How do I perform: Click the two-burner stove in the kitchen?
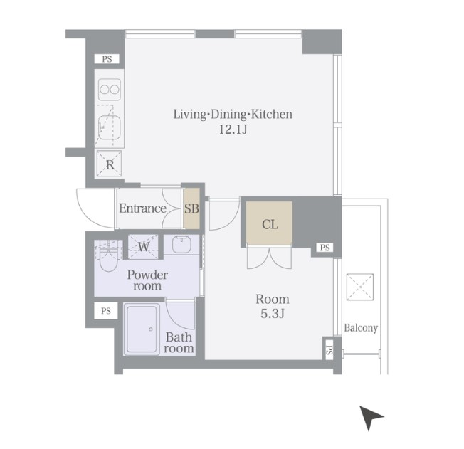click(x=110, y=89)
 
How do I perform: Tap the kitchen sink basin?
click(x=110, y=127)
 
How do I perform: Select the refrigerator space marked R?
click(x=110, y=164)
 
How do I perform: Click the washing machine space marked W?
click(x=144, y=246)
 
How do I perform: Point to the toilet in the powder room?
click(x=107, y=256)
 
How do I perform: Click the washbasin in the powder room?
click(x=181, y=244)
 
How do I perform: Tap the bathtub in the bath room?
click(x=142, y=329)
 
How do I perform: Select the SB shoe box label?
click(x=191, y=208)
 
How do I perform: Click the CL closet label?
click(x=270, y=224)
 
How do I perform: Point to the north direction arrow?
click(x=370, y=417)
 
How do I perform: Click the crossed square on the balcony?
click(x=360, y=287)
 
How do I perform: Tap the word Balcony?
click(x=361, y=328)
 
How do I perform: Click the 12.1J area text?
click(x=233, y=130)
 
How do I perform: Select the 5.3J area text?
click(x=273, y=313)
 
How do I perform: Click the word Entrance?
click(x=142, y=208)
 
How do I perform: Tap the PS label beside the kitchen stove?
click(x=107, y=59)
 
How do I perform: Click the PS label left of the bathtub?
click(x=105, y=311)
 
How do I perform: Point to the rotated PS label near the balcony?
click(x=329, y=350)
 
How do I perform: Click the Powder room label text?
click(x=147, y=280)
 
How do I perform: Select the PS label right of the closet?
click(x=325, y=248)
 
